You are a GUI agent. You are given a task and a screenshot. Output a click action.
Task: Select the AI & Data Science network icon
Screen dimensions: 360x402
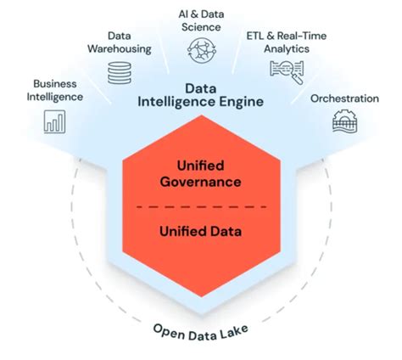click(x=201, y=50)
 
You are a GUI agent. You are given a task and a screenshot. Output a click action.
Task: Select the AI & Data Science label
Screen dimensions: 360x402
click(x=200, y=20)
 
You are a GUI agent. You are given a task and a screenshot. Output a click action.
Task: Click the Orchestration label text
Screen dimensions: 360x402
click(x=345, y=98)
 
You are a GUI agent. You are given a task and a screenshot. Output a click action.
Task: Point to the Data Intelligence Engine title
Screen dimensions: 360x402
click(x=201, y=96)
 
